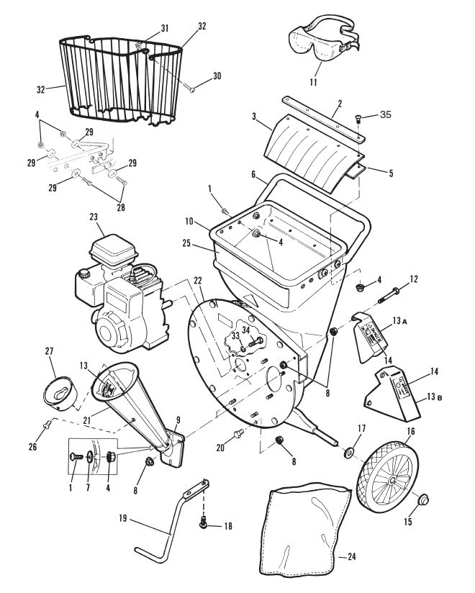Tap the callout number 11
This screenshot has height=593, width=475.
click(314, 83)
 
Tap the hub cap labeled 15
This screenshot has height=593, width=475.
click(422, 499)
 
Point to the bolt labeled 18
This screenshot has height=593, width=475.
click(205, 525)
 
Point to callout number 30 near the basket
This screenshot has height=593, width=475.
click(217, 76)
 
